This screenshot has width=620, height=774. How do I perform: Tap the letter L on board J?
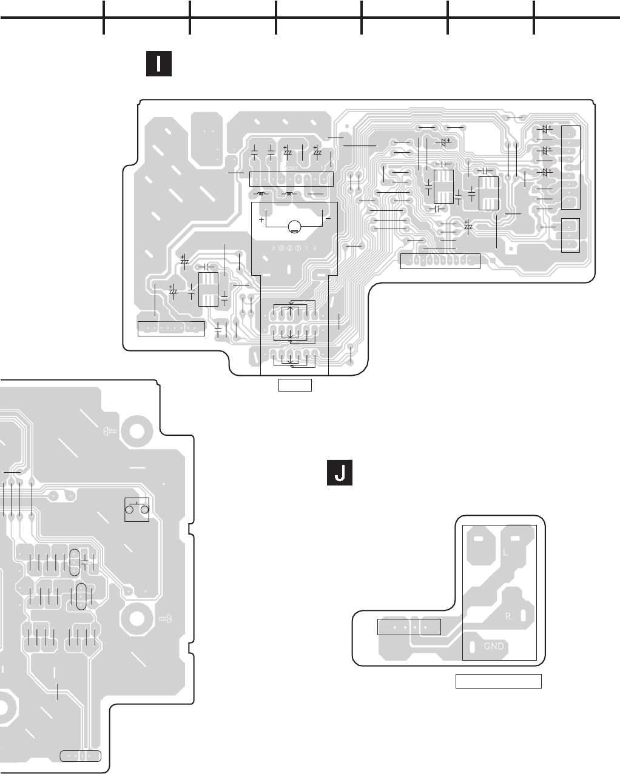[x=505, y=553]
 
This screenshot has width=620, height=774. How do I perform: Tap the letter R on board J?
[x=510, y=616]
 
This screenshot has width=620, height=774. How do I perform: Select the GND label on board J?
[x=494, y=646]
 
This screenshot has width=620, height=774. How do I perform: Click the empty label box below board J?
[x=498, y=681]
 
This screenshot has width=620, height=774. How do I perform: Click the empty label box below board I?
[x=295, y=385]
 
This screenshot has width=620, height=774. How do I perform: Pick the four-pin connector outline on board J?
[x=409, y=627]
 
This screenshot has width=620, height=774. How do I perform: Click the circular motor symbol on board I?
[x=294, y=227]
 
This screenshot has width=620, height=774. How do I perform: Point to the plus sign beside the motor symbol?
[x=261, y=218]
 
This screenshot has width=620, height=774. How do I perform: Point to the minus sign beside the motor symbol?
[x=326, y=218]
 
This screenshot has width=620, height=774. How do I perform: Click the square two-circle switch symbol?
[x=136, y=509]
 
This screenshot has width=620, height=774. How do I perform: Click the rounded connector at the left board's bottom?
[x=81, y=755]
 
